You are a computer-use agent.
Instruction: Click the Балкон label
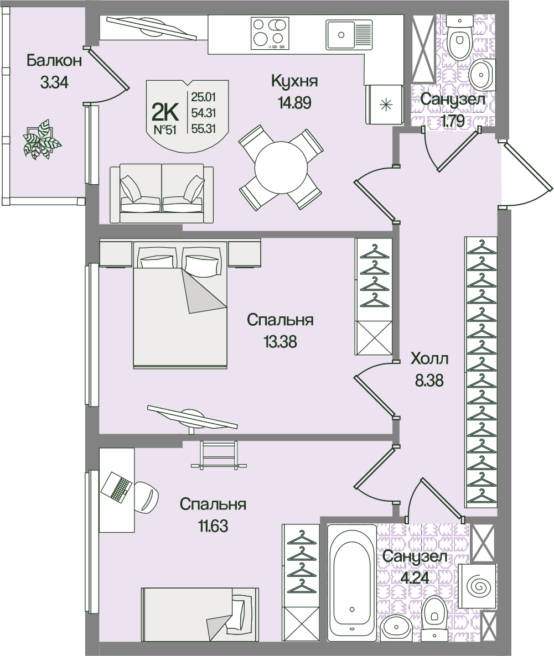click(54, 61)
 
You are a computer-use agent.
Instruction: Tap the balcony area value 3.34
click(54, 82)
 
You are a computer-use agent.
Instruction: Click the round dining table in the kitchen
click(281, 168)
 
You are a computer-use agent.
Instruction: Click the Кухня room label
click(294, 80)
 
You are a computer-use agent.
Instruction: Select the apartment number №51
click(165, 129)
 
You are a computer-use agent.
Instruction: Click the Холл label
click(429, 359)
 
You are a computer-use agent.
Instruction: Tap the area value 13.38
click(280, 342)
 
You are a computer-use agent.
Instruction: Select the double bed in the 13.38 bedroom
click(180, 304)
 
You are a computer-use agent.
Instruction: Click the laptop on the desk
click(116, 487)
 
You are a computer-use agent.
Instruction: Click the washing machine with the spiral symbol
click(478, 586)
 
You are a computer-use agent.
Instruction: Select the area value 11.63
click(213, 526)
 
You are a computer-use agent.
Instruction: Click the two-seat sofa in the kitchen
click(162, 193)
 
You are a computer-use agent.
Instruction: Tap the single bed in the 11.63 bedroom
click(200, 621)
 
